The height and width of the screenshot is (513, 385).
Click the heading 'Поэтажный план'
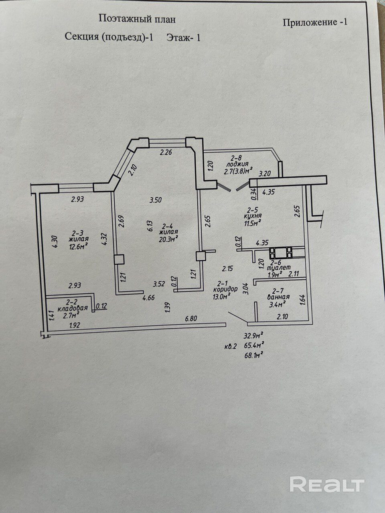[x=137, y=18]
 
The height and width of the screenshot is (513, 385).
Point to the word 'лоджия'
[x=237, y=164]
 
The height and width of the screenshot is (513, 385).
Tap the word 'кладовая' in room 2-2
[x=73, y=309]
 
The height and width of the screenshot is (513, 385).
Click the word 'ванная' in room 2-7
[x=278, y=297]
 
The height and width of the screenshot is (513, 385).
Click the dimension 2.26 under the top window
[x=166, y=152]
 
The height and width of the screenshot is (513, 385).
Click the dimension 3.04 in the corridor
[x=246, y=289]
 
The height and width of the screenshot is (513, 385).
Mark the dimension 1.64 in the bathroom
[x=302, y=301]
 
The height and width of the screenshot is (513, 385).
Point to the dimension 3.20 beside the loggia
[x=266, y=174]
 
